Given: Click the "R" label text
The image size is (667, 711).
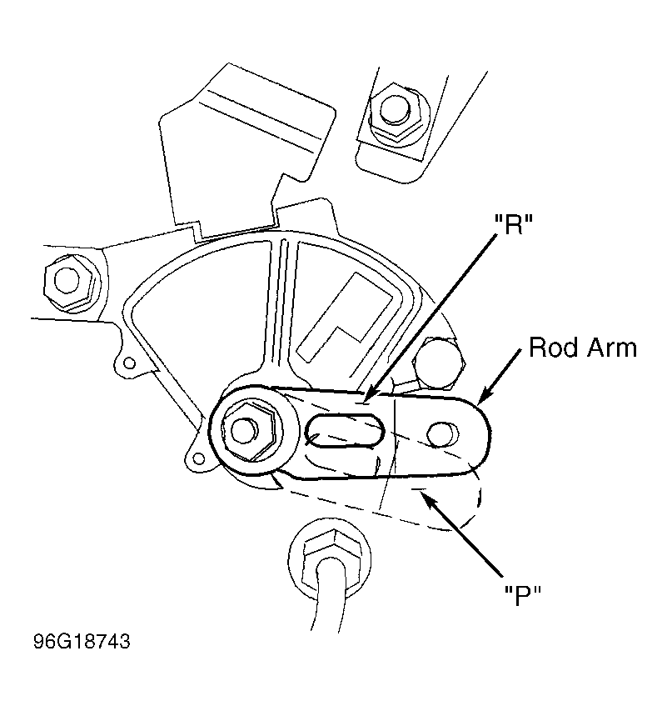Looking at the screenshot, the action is [x=513, y=224].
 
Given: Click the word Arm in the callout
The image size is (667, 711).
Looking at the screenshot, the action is [x=612, y=348].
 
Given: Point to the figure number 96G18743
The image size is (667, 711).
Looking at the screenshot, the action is [x=82, y=641].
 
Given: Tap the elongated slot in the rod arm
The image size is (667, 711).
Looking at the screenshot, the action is [x=345, y=431].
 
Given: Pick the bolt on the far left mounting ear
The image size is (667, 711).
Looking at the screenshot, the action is [x=70, y=281].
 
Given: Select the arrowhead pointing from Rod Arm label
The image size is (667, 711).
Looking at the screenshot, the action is [x=483, y=396].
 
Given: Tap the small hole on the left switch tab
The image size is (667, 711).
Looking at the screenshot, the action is [x=130, y=363].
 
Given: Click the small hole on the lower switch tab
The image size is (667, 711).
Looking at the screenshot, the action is [x=198, y=458].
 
